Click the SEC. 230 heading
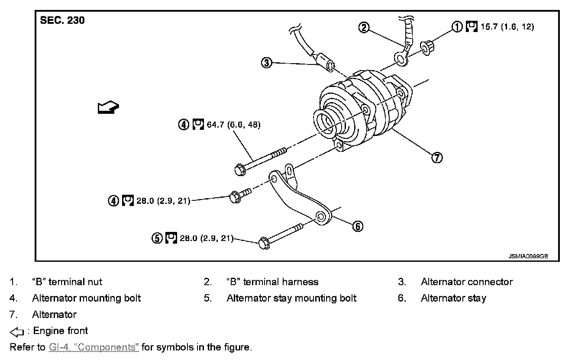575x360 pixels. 62,20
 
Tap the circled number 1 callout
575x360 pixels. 457,27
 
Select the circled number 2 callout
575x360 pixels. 364,28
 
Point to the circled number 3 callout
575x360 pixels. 266,63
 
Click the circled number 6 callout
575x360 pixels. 358,226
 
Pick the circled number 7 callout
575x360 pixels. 436,157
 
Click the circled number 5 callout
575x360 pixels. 157,238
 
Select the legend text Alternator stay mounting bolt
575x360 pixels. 291,298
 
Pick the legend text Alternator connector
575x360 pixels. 466,282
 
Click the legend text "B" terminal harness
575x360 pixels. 272,282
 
